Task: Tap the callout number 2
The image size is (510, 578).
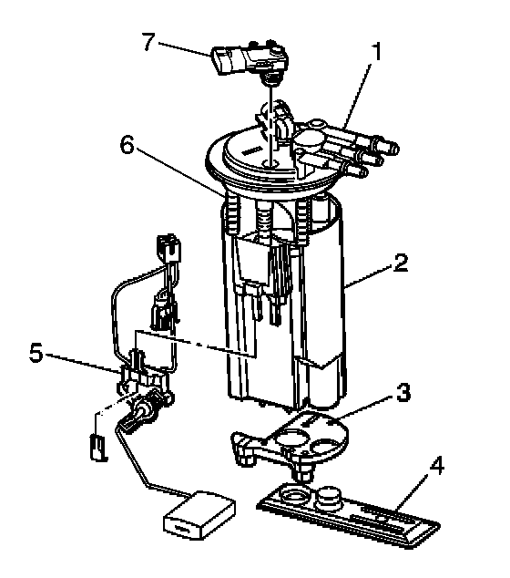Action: [x=401, y=263]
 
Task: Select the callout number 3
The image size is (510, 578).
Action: [x=403, y=392]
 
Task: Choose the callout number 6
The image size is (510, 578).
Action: [x=127, y=145]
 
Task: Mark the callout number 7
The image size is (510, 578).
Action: [x=148, y=41]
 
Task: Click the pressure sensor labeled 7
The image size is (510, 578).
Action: [x=250, y=60]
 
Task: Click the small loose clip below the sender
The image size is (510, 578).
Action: [x=98, y=448]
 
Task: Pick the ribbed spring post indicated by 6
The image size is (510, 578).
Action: [x=232, y=214]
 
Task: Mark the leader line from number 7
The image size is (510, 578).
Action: [x=185, y=49]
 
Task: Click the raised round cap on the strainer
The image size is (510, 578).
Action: [x=329, y=496]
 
